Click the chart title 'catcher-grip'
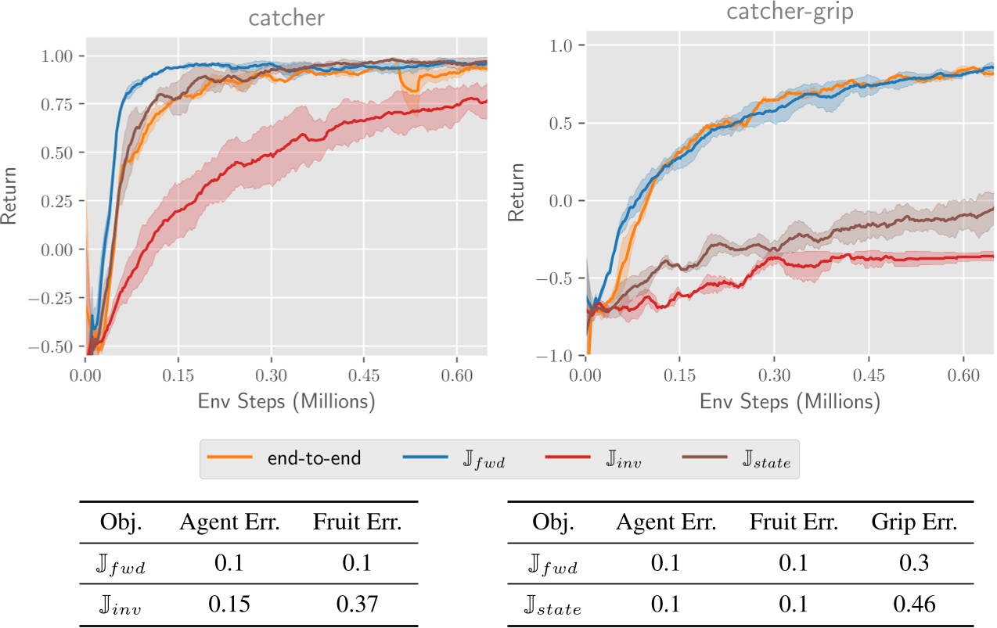click(x=790, y=13)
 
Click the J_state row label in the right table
click(x=554, y=605)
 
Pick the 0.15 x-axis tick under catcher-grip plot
click(x=678, y=376)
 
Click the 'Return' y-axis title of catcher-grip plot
click(x=516, y=192)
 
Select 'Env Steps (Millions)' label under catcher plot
click(x=286, y=402)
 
